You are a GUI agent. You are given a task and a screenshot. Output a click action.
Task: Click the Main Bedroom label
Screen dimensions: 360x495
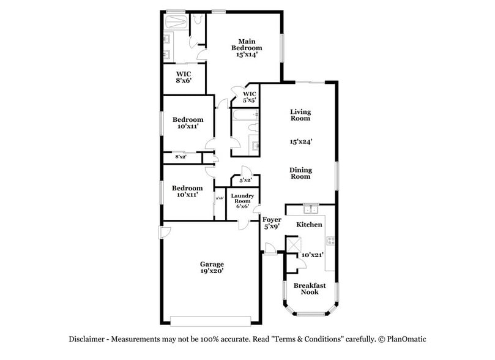coord(246,48)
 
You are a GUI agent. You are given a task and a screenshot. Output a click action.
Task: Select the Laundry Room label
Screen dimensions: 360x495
coord(242,201)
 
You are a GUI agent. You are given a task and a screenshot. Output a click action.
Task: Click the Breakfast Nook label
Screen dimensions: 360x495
coord(309,288)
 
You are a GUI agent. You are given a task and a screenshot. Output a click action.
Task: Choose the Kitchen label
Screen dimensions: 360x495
coord(309,225)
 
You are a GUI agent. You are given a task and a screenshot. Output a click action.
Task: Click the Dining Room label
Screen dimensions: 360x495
coord(300,173)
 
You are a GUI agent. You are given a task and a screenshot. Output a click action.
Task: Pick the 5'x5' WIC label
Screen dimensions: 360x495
coord(249,97)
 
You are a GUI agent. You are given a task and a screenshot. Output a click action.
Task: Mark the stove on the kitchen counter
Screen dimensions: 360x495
coord(330,242)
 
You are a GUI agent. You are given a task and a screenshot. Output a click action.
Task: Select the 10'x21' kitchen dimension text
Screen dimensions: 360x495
coord(311,255)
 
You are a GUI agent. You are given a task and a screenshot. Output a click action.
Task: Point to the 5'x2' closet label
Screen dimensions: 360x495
coord(245,181)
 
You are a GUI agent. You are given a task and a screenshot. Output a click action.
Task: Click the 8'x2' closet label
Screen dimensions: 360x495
coord(181,157)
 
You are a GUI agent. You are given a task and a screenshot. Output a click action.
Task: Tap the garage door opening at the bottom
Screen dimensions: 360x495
coord(210,321)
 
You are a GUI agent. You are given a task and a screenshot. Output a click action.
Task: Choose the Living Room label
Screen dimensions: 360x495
coord(300,115)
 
